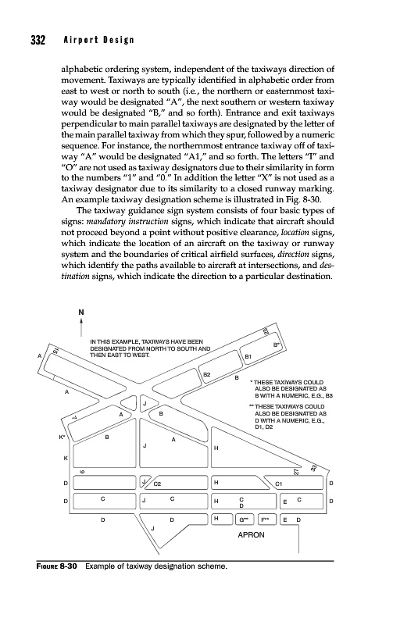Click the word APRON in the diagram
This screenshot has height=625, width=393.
251,535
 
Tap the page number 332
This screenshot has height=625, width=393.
38,41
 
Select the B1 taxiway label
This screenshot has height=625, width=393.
248,357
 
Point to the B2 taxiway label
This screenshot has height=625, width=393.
207,375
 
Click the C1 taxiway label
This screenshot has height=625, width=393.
279,484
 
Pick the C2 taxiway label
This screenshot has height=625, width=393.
158,484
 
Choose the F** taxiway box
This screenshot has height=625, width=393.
266,520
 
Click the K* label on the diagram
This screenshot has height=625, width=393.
62,437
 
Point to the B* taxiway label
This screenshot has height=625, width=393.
276,345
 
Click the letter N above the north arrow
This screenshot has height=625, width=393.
81,312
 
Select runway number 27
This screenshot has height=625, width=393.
296,472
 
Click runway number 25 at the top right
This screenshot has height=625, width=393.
266,330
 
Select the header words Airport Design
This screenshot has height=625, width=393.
98,41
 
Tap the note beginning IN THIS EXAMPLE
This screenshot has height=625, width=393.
150,348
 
